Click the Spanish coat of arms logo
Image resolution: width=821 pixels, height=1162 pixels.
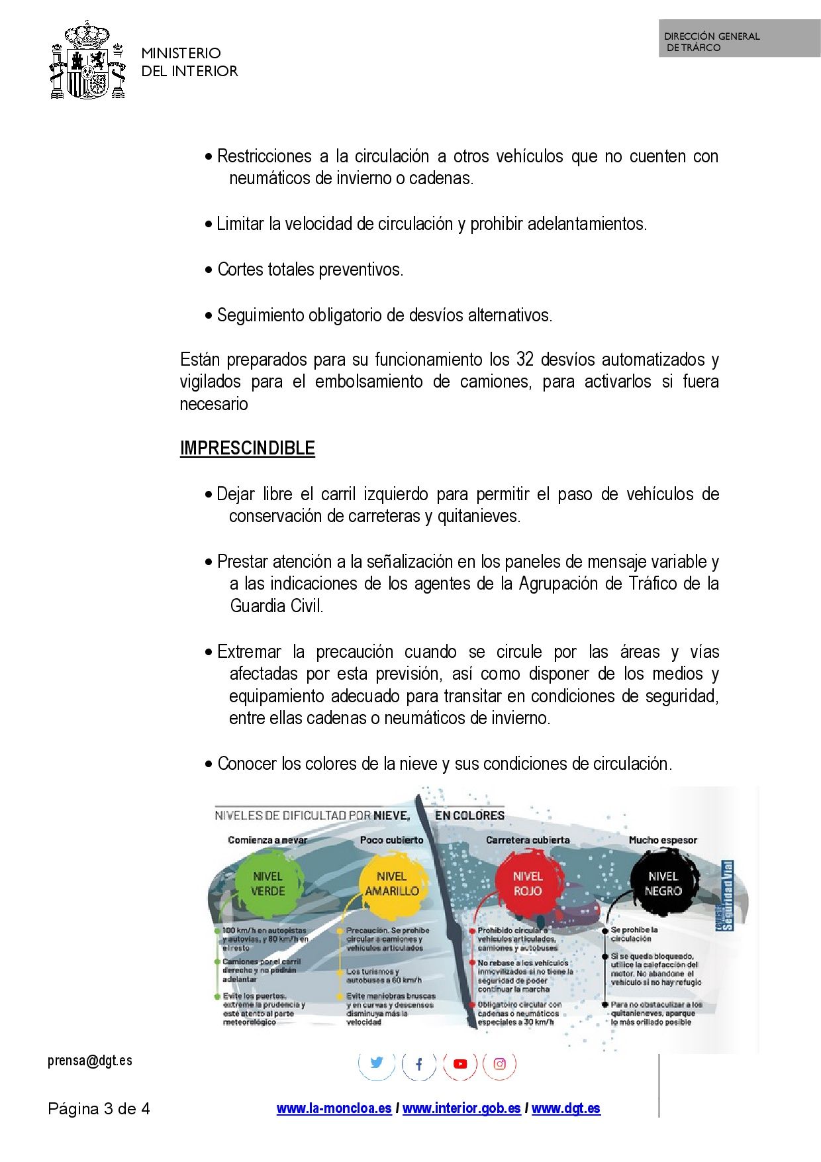point(87,61)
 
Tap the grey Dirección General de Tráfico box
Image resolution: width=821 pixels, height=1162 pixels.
point(739,38)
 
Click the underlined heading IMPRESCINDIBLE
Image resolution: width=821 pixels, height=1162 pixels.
point(247,448)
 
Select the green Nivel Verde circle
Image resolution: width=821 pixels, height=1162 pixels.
point(267,884)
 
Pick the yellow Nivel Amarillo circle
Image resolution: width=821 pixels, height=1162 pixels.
point(392,884)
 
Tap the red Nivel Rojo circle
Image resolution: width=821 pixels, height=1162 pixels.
point(528,884)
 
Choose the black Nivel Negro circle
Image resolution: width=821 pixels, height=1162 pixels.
point(663,884)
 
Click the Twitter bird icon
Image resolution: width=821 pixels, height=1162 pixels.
point(377,1063)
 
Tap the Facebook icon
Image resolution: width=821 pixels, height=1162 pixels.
point(418,1064)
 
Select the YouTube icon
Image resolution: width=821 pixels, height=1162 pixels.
point(460,1064)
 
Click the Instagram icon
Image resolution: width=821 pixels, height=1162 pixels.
point(500,1064)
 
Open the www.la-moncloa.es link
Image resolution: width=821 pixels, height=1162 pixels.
point(334,1108)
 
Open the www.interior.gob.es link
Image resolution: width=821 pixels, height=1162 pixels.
point(461,1108)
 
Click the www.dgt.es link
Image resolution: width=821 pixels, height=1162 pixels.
point(566,1108)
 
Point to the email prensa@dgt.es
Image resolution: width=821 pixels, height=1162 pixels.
point(90,1061)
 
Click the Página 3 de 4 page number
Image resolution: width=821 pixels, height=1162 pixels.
point(99,1109)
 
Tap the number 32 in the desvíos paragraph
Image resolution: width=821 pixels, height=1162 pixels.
point(524,360)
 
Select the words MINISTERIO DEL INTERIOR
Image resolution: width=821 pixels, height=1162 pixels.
point(189,62)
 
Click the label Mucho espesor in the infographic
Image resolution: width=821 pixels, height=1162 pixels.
point(663,840)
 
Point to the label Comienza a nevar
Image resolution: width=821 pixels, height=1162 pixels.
point(267,840)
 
